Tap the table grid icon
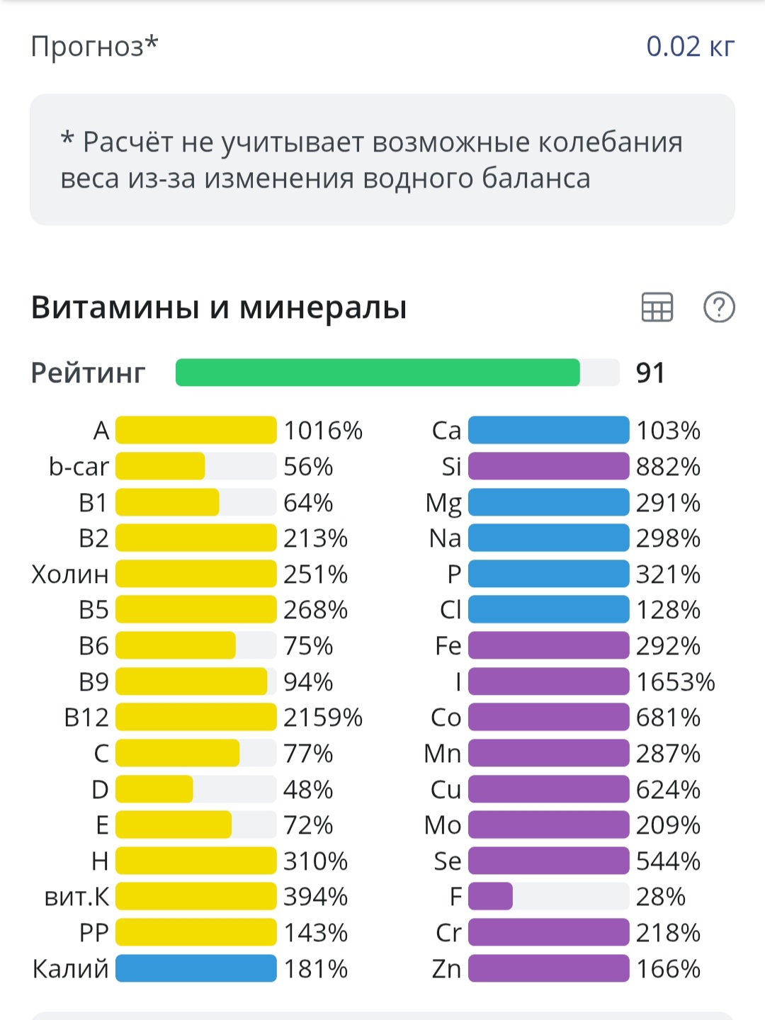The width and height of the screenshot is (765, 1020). point(657,307)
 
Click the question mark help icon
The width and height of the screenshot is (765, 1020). point(719,307)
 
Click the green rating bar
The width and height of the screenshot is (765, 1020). point(378,373)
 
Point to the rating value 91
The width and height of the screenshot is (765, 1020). point(650,373)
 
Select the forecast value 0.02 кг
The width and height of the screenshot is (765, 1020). point(690,47)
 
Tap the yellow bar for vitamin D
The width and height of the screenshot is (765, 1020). point(154,789)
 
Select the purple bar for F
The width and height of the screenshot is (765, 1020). point(490,897)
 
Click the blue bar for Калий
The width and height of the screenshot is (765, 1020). point(195,968)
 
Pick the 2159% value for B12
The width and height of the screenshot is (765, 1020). point(323,718)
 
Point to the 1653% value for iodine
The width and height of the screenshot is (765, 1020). point(675,681)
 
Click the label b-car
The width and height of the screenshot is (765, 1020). point(79,467)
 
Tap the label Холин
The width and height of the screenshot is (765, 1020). point(70,574)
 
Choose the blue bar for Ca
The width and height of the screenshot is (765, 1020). point(548,430)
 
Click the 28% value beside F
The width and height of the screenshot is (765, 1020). point(660,897)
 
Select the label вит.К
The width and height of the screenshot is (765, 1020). point(76,897)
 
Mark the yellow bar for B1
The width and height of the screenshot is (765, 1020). point(167,502)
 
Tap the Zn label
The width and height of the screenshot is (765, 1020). point(446,968)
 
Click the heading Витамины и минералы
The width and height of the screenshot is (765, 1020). point(219,307)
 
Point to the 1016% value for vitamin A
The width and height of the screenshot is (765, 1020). point(323,430)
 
